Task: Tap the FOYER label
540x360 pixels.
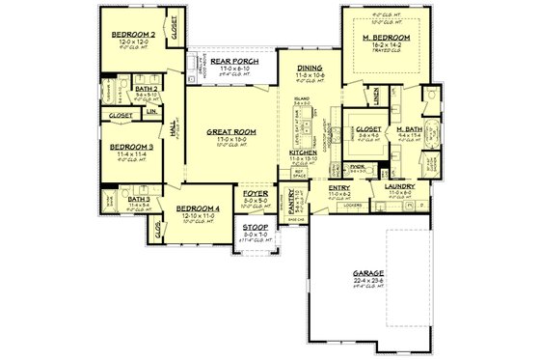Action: pos(255,194)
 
